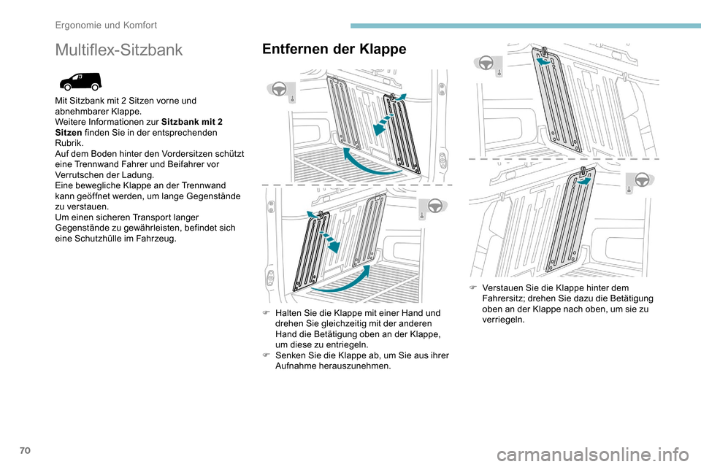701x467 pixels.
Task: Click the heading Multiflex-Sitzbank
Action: (119, 50)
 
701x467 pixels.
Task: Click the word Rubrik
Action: (69, 144)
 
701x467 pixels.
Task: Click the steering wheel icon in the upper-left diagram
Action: (277, 90)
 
